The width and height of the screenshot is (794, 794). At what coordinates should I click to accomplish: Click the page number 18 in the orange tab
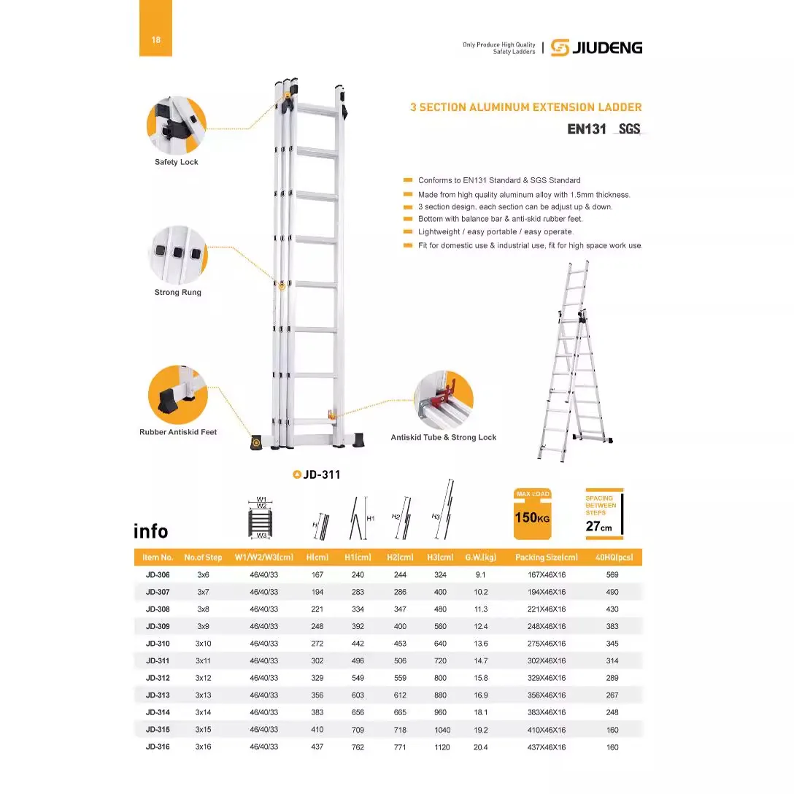pyautogui.click(x=156, y=40)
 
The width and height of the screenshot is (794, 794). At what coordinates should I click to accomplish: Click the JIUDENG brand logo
pyautogui.click(x=596, y=47)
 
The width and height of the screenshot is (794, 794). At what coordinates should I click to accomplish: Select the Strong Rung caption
pyautogui.click(x=177, y=293)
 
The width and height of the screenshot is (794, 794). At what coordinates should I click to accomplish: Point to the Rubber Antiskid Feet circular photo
pyautogui.click(x=177, y=395)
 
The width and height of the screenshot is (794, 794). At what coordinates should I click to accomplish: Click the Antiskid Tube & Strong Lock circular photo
pyautogui.click(x=443, y=401)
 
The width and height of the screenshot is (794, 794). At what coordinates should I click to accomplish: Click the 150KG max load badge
pyautogui.click(x=533, y=514)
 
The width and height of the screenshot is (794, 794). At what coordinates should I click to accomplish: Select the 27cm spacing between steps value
pyautogui.click(x=598, y=526)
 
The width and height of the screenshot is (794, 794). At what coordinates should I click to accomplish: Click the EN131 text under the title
pyautogui.click(x=587, y=129)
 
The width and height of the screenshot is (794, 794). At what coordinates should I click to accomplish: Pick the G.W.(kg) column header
pyautogui.click(x=480, y=558)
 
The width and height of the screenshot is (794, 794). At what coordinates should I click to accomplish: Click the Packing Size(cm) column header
pyautogui.click(x=546, y=558)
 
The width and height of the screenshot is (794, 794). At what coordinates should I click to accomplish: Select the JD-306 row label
pyautogui.click(x=158, y=575)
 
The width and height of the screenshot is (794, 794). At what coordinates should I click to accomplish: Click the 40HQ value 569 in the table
pyautogui.click(x=612, y=575)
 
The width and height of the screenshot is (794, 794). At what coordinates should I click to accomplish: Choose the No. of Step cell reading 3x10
pyautogui.click(x=203, y=644)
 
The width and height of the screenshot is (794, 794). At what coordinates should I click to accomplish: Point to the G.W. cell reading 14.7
pyautogui.click(x=481, y=661)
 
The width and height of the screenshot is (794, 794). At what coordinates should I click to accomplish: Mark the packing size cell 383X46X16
pyautogui.click(x=547, y=713)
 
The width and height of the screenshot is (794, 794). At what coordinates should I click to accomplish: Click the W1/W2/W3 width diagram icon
pyautogui.click(x=261, y=518)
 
